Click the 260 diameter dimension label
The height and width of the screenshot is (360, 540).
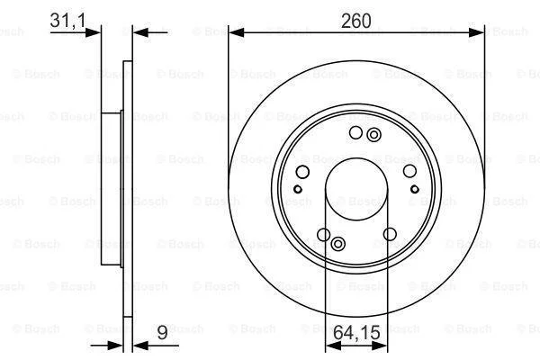click(356, 21)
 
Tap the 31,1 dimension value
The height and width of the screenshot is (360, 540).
click(67, 20)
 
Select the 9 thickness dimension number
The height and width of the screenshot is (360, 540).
click(162, 332)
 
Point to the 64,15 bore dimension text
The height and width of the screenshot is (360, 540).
click(356, 332)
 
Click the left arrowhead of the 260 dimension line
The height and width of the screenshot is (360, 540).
click(236, 32)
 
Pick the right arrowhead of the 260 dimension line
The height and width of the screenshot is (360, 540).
click(476, 32)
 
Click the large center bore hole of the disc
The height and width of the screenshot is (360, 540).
click(356, 189)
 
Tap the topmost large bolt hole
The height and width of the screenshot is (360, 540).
click(355, 132)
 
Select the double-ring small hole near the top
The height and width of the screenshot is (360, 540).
click(373, 135)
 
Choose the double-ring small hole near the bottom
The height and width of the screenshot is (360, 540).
click(338, 244)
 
